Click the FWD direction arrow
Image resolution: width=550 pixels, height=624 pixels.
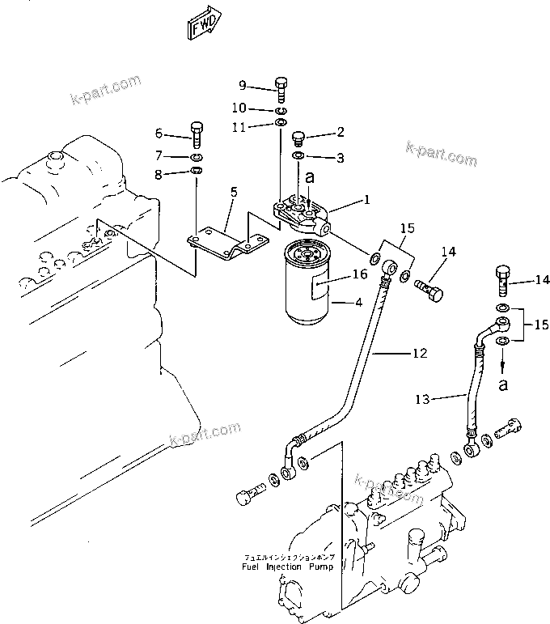click(201, 27)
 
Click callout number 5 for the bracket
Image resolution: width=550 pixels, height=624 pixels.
click(234, 192)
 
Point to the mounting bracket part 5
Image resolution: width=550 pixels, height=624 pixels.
click(228, 244)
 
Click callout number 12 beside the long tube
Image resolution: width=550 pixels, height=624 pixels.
click(419, 353)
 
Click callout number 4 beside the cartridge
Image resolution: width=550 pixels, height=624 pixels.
click(357, 304)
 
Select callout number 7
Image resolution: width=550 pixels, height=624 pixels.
click(159, 155)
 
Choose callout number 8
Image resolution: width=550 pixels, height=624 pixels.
click(159, 173)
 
